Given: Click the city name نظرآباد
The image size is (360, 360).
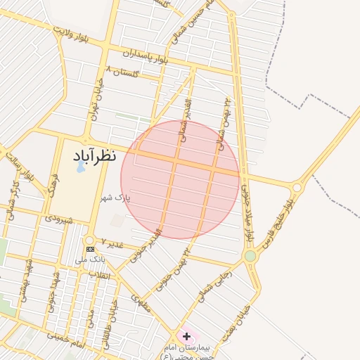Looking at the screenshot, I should pos(95,155).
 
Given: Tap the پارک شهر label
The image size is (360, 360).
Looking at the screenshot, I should pos(116,198).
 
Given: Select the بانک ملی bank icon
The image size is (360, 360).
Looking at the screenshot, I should pos(90,249).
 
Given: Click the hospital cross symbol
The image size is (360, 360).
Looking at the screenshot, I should pos(186,336).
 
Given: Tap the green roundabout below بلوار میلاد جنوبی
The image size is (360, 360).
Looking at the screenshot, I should pos(250,256).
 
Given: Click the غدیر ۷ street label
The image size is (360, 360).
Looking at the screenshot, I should pos(112,243).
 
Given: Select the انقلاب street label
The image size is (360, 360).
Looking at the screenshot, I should pos(103,275).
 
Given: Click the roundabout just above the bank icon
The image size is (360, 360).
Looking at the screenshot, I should pos(90,240).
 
